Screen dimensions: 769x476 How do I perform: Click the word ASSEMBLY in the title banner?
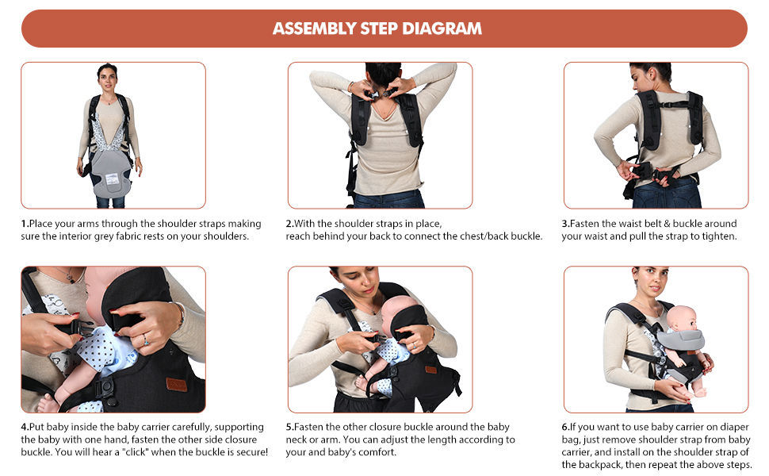coord(315,29)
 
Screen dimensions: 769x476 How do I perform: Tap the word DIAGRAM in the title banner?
coord(442,29)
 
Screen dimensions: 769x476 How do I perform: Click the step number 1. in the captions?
coord(25,224)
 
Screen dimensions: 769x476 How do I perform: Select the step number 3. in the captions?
coord(565,224)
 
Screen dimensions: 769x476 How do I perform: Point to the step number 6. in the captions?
coord(565,427)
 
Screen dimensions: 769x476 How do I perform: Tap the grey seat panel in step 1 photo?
coord(111,174)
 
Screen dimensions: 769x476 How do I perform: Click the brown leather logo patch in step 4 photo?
coord(176,384)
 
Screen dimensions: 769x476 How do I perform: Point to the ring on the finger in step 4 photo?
coord(145,340)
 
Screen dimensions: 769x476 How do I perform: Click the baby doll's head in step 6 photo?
coord(683,320)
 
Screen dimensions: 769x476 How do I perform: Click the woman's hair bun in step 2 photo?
coord(383,74)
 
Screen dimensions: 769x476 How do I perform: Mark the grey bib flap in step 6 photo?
coord(680,339)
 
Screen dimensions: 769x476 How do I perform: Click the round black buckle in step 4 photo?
coord(105,388)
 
